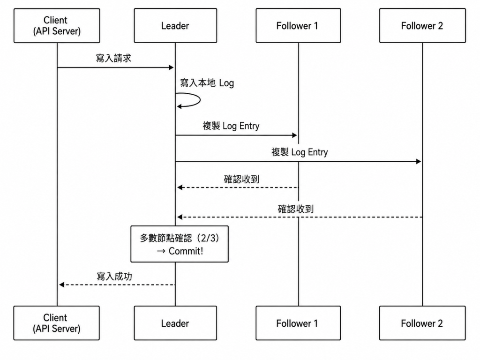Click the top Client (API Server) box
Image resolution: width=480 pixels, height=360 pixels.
pos(57,25)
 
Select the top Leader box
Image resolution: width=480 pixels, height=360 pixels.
pos(175,25)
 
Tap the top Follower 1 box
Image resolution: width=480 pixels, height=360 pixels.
pos(298,25)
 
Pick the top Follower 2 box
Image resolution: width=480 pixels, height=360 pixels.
pos(422,25)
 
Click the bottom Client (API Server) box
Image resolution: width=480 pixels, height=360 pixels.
pos(57,323)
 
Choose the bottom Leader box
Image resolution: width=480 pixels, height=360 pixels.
pos(175,323)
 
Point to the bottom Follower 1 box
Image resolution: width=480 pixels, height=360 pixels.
pos(298,323)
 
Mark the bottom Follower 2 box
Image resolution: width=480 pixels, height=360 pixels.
pos(422,323)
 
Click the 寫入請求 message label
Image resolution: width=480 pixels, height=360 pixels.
pos(113,58)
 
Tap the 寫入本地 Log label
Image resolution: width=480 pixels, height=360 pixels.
pos(207,83)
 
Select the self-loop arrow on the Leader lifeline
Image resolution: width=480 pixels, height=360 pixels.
pos(200,100)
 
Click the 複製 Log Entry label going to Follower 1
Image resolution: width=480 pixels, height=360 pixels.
pos(231,126)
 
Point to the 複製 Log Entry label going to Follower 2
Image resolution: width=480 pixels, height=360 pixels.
pos(300,152)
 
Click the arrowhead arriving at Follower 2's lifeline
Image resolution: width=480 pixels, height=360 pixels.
pos(419,161)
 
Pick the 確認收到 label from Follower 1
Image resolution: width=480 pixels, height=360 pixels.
pos(241,179)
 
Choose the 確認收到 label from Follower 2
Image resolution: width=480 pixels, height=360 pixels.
pos(295,209)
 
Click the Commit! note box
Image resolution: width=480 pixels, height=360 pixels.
pos(180,244)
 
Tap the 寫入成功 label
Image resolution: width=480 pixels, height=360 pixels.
pos(114,277)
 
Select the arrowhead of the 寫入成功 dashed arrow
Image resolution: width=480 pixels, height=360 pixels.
pos(61,285)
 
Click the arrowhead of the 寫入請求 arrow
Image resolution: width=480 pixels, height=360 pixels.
pos(171,67)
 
